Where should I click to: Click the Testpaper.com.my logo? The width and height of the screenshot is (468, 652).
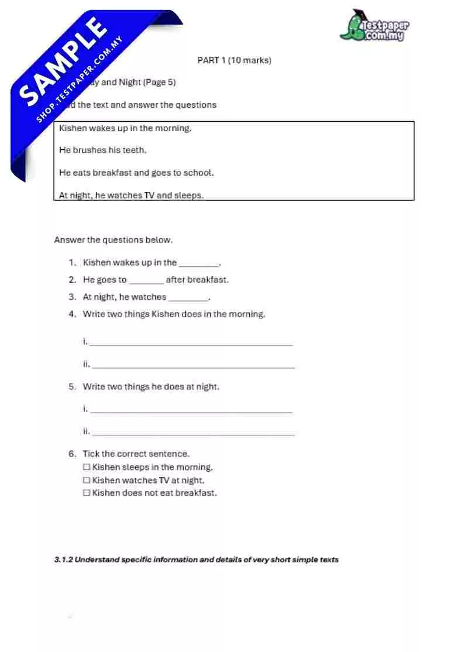[x=374, y=26]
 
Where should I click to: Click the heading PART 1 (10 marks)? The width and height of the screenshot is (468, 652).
[x=234, y=60]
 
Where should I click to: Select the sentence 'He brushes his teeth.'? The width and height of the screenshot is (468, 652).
[x=103, y=150]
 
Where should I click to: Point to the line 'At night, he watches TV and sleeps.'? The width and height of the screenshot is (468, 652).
[x=132, y=195]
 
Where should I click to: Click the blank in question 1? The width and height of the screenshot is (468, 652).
[x=199, y=264]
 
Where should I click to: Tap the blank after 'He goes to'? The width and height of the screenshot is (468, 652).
[x=146, y=281]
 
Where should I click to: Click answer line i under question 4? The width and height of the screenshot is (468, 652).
[x=191, y=344]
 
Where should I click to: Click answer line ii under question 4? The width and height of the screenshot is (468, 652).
[x=193, y=366]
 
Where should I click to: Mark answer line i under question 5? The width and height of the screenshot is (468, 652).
[x=191, y=411]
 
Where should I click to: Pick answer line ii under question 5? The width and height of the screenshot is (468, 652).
[x=193, y=434]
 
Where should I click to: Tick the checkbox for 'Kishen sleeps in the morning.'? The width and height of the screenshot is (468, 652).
[x=87, y=468]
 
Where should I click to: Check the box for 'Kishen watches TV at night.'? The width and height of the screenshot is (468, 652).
[x=87, y=481]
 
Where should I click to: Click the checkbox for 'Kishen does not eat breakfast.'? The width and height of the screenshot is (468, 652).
[x=87, y=493]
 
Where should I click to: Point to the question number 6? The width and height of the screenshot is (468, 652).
[x=72, y=454]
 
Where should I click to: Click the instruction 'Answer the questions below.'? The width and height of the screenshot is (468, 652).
[x=113, y=240]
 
